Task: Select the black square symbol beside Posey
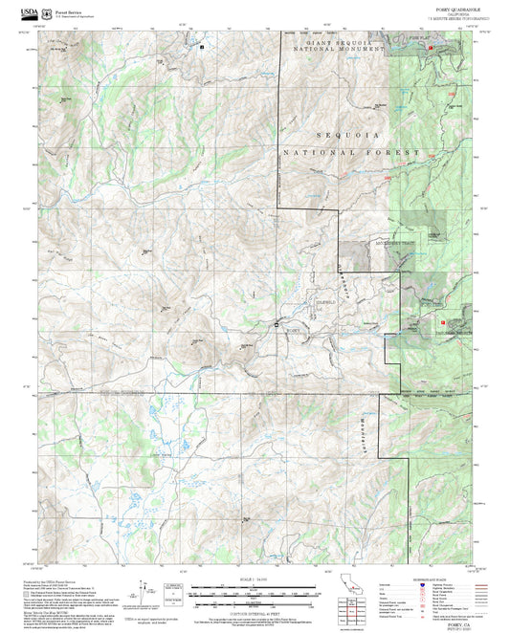point(278,325)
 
